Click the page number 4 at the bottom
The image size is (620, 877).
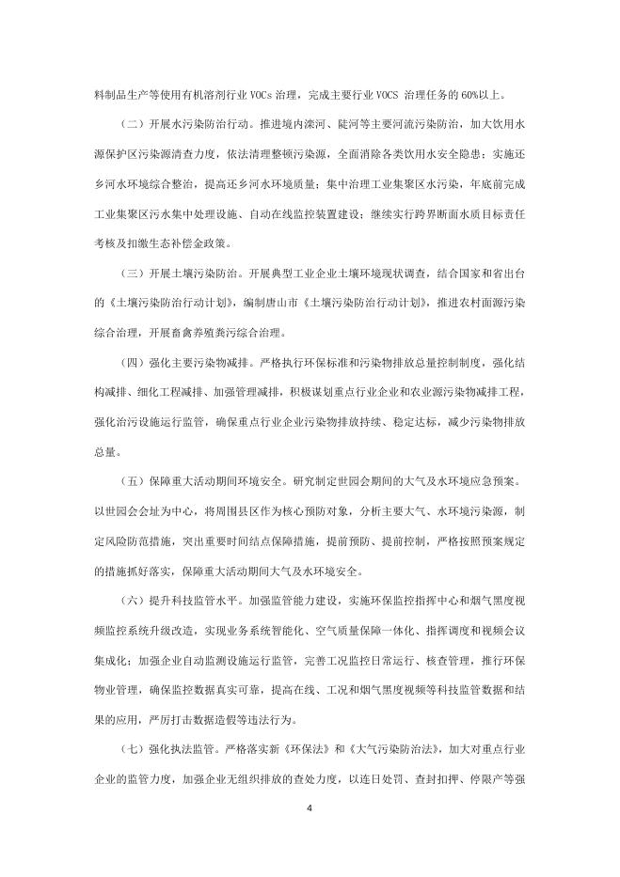(x=310, y=807)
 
